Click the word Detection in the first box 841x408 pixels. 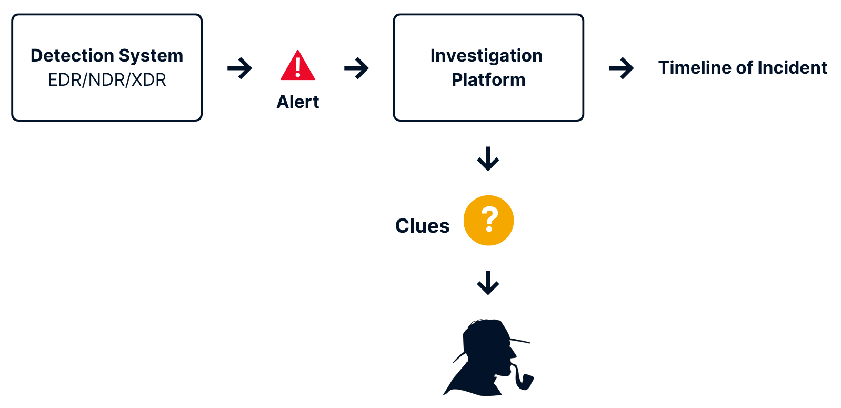[x=72, y=56]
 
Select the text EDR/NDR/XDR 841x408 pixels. [x=107, y=80]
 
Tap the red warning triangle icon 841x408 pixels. [x=298, y=67]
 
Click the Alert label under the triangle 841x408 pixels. [x=298, y=102]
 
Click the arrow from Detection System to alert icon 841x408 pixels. [x=240, y=68]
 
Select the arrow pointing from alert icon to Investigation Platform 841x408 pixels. [x=357, y=68]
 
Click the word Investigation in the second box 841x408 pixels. [x=486, y=56]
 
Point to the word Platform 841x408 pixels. [x=488, y=80]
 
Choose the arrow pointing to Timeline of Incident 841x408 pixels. [x=622, y=68]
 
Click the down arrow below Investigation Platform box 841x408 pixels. [x=488, y=158]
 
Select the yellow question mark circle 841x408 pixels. [x=488, y=221]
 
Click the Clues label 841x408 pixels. [x=423, y=226]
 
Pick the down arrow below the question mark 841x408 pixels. [x=488, y=283]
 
